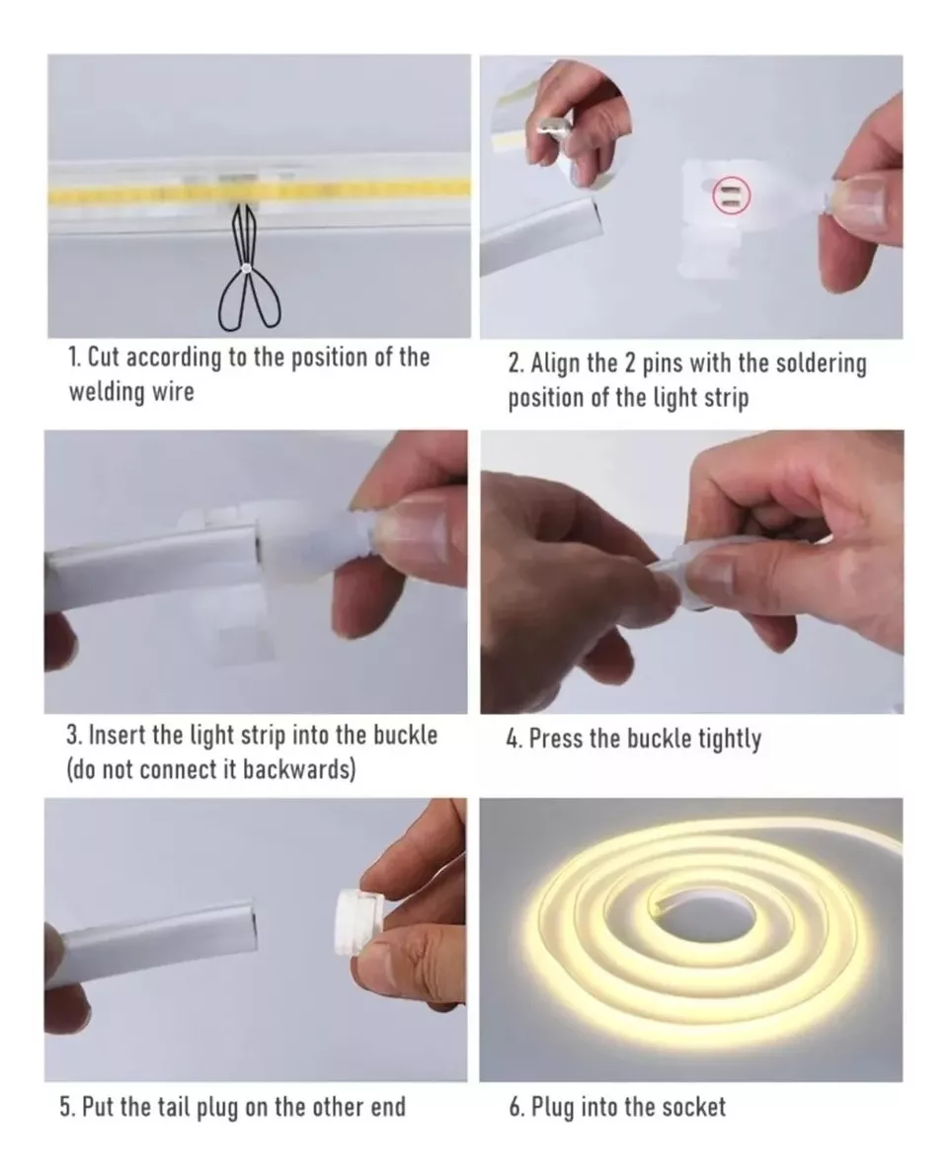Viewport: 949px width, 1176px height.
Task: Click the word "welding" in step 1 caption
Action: (110, 391)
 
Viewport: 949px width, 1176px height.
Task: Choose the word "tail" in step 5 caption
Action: (174, 1107)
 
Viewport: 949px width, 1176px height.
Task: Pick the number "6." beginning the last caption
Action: (516, 1107)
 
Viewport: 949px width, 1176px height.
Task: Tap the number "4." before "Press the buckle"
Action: (514, 740)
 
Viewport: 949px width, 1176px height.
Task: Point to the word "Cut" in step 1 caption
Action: (104, 357)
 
